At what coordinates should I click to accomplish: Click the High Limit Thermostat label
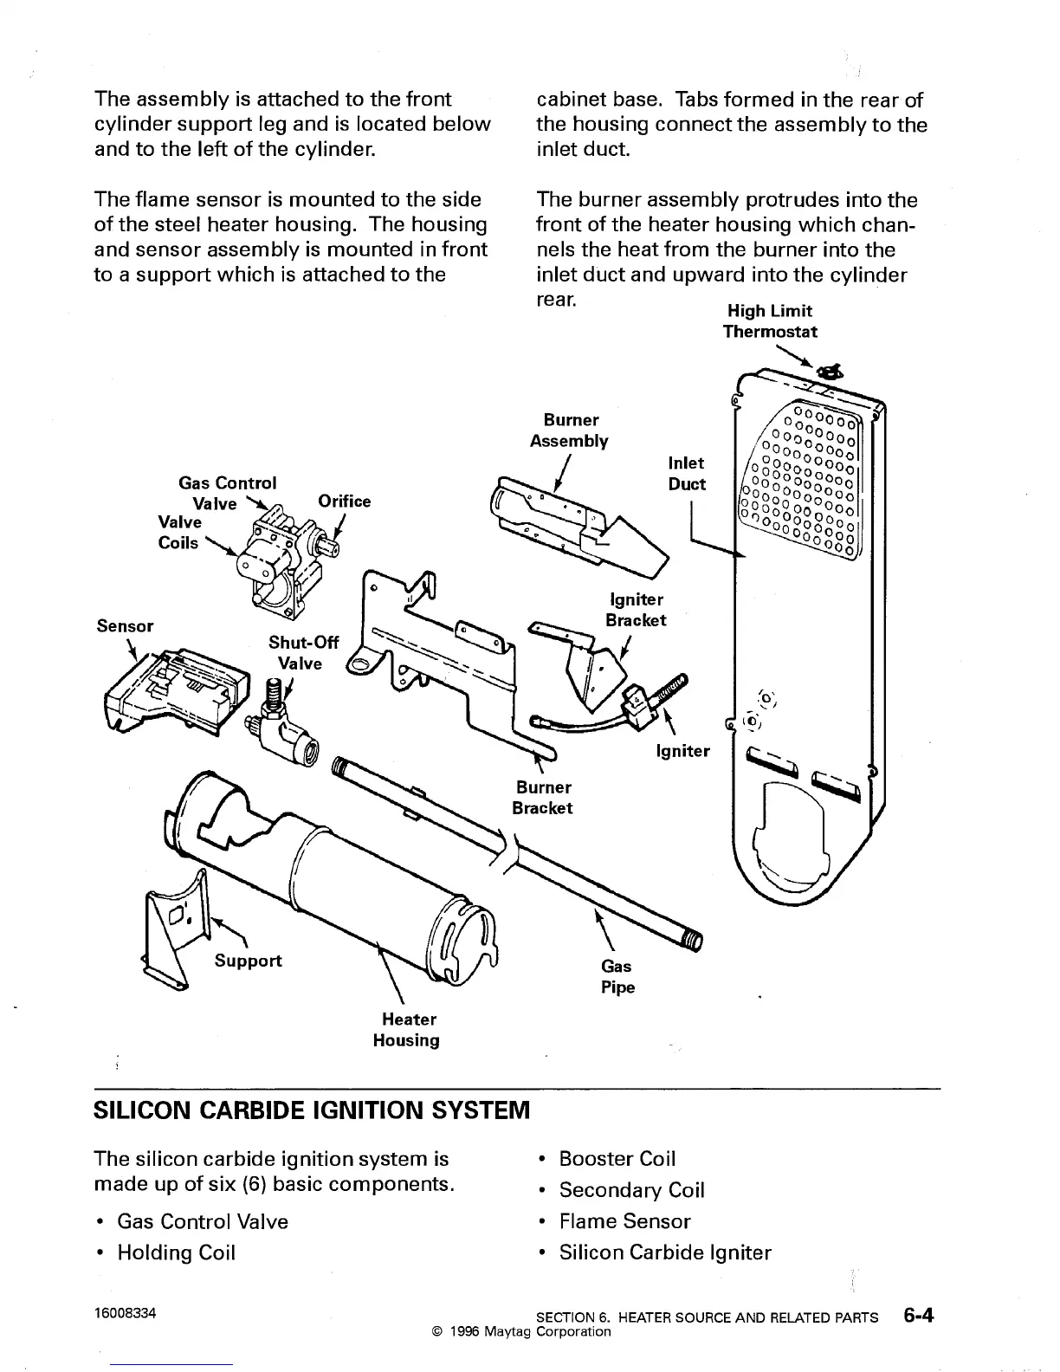click(x=770, y=321)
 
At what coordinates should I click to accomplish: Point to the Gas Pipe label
click(x=617, y=976)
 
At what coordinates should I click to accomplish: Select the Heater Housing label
click(x=406, y=1030)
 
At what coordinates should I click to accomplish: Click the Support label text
click(x=248, y=961)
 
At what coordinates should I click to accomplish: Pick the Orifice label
click(x=344, y=502)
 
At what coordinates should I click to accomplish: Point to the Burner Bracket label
click(x=543, y=798)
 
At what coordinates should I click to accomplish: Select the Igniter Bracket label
click(x=636, y=610)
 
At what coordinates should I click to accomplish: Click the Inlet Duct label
click(x=687, y=474)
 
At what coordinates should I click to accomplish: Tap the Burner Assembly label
click(x=569, y=430)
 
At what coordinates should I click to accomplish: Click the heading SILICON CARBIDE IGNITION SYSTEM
click(x=310, y=1110)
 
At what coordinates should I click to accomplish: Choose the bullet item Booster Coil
click(x=617, y=1159)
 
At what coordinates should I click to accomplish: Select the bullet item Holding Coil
click(x=176, y=1252)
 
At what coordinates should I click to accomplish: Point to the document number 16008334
click(x=125, y=1313)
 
